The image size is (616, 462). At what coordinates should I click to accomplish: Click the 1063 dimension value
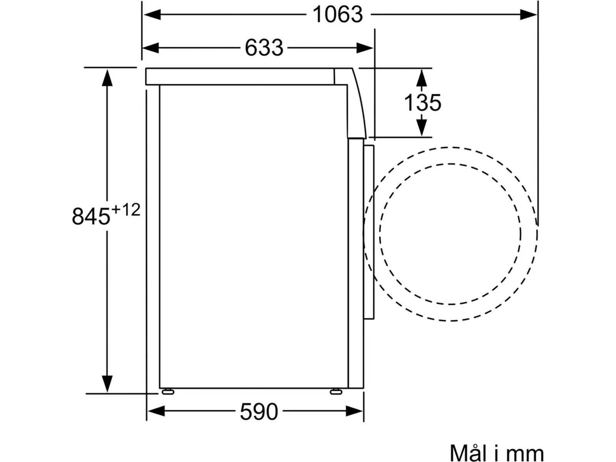click(338, 15)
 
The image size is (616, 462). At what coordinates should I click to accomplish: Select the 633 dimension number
click(264, 48)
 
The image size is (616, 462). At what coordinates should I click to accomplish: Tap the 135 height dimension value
click(422, 103)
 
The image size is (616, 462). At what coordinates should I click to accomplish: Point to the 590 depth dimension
click(259, 412)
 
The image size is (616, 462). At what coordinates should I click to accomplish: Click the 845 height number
click(90, 216)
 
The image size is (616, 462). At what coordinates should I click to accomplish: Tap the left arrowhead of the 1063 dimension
click(152, 15)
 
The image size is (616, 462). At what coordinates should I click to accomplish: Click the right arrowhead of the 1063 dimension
click(528, 15)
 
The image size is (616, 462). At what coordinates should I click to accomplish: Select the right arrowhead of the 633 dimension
click(365, 48)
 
